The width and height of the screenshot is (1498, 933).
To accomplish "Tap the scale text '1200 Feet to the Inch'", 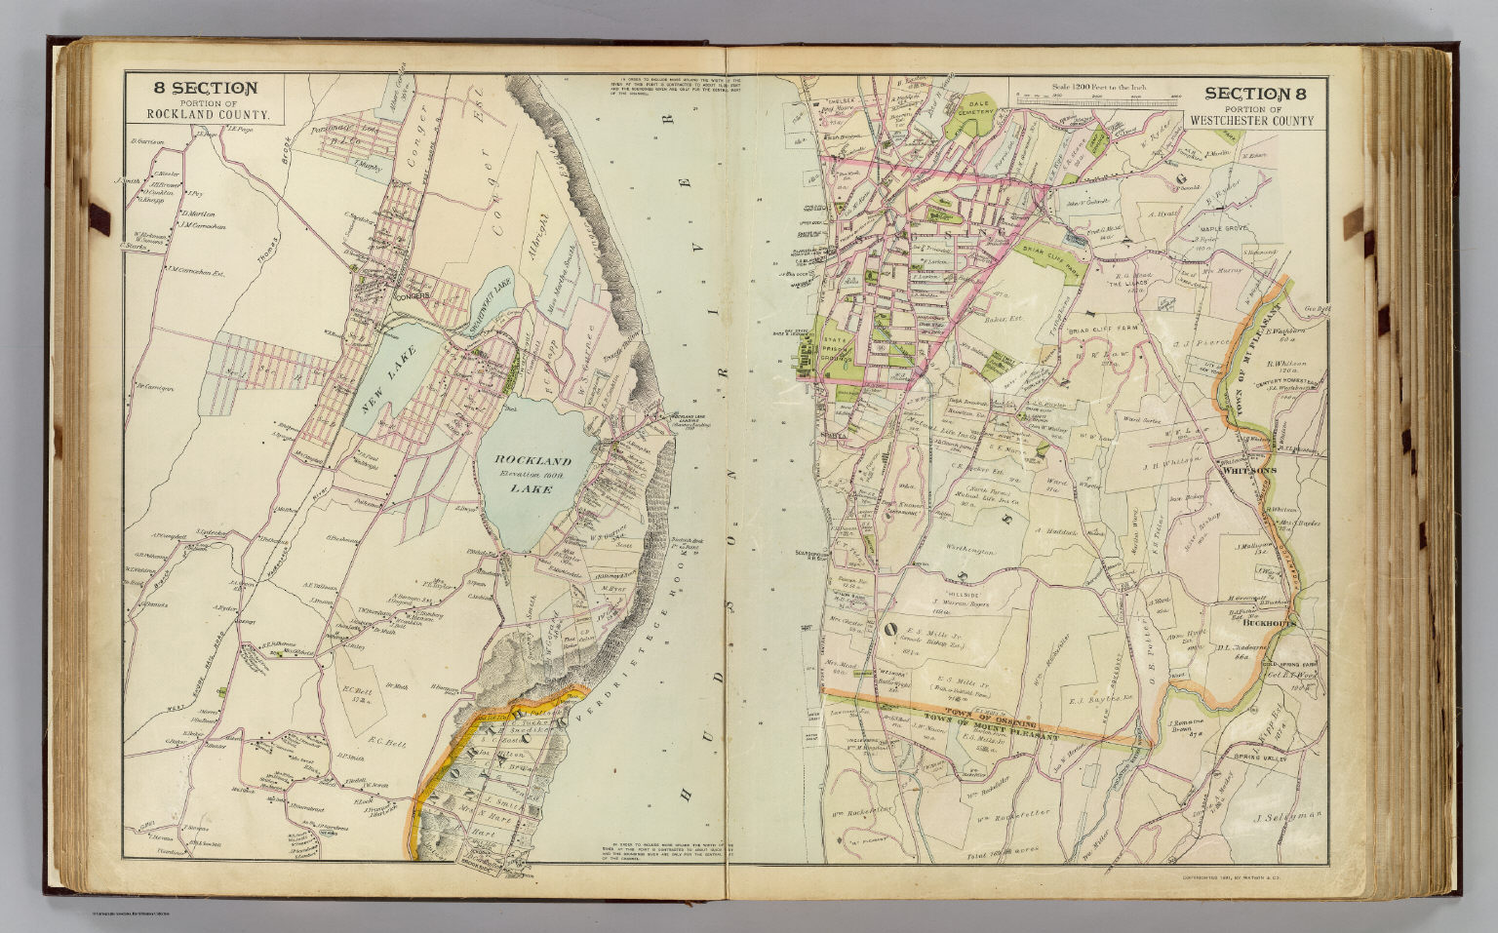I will pyautogui.click(x=1098, y=89).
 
